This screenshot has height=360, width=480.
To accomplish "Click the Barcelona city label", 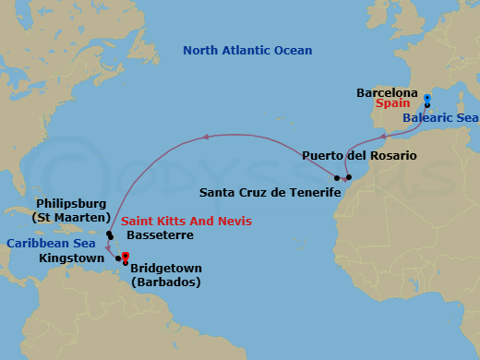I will pyautogui.click(x=387, y=93).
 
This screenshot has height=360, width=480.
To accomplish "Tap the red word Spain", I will pyautogui.click(x=391, y=105).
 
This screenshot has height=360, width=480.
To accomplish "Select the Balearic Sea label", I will pyautogui.click(x=440, y=118).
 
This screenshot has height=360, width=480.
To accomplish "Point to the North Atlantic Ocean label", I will pyautogui.click(x=247, y=51).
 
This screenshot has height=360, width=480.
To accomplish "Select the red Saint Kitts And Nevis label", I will pyautogui.click(x=186, y=222).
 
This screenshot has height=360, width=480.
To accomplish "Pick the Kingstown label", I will pyautogui.click(x=71, y=258).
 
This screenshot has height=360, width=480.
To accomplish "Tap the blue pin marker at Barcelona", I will pyautogui.click(x=426, y=98).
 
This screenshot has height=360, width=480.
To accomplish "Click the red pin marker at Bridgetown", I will pyautogui.click(x=125, y=258).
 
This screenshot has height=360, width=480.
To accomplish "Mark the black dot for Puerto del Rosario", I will pyautogui.click(x=349, y=176).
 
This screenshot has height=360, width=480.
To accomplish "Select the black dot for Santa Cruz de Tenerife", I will pyautogui.click(x=338, y=177).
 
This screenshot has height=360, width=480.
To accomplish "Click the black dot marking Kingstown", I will pyautogui.click(x=118, y=258).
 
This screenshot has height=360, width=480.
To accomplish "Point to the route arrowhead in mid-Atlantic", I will pyautogui.click(x=207, y=139).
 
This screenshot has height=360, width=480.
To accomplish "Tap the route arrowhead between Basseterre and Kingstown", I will pyautogui.click(x=110, y=247).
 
